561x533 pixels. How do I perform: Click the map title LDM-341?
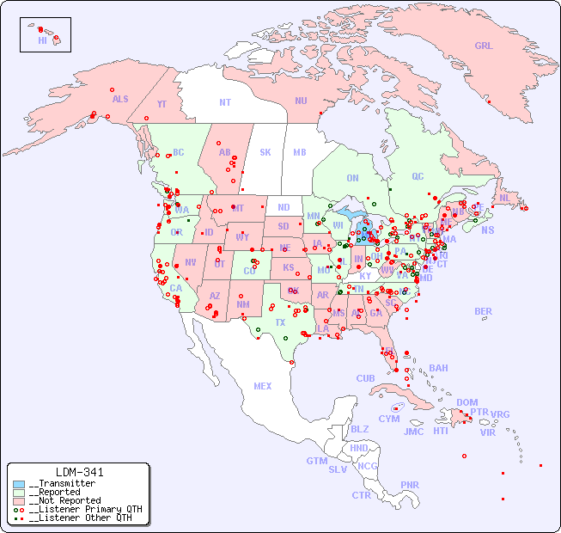coord(79,472)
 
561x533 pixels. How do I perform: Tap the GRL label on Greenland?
coord(484,46)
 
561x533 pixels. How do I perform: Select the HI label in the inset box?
coord(42,40)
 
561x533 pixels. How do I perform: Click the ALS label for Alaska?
coord(120,99)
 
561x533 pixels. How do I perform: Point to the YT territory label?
coord(162,104)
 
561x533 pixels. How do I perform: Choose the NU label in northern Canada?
coord(301,101)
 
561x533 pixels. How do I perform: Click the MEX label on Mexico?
coord(263,386)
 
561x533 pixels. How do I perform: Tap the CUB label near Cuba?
coord(365,378)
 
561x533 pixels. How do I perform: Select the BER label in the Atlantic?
coord(484,311)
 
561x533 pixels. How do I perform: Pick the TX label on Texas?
coord(280,322)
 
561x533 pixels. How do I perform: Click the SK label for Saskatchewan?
coord(265,152)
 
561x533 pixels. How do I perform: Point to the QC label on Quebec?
coord(418,176)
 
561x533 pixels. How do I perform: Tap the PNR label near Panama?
coord(410,485)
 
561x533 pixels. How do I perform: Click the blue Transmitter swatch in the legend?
coord(19,483)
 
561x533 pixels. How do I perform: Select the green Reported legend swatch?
coord(19,492)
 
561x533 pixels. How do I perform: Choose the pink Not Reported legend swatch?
coord(19,500)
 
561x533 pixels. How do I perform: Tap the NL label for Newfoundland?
coord(505,197)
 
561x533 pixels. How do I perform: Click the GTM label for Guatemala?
coord(316,461)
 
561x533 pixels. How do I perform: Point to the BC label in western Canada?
coord(179,152)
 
